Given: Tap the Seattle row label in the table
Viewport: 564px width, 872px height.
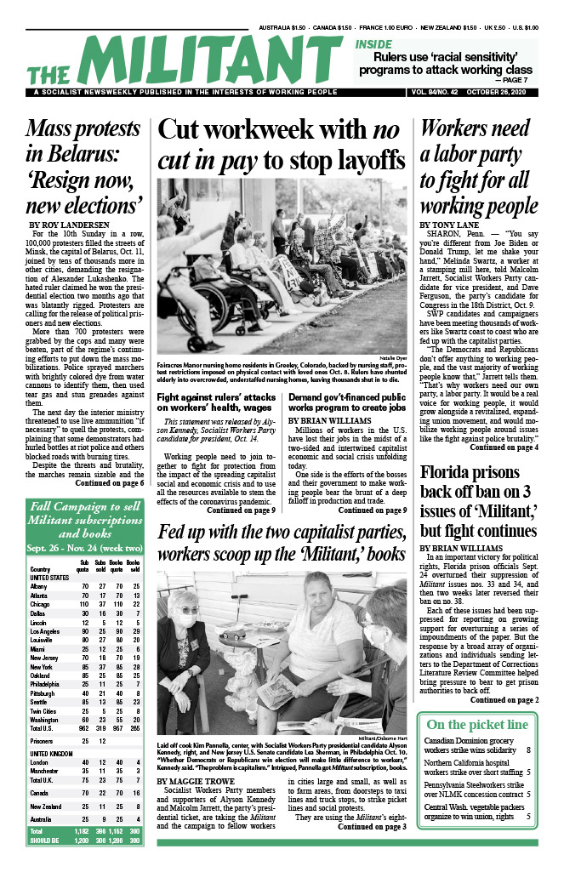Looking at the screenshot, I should coord(42,698).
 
